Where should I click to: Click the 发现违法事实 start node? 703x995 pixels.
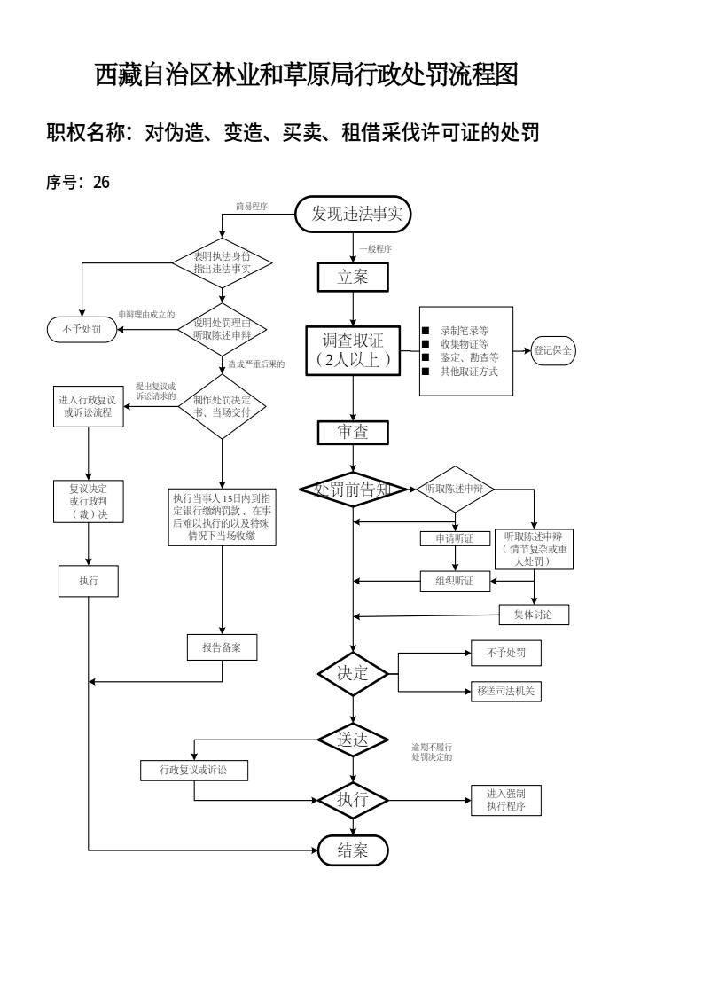coord(353,214)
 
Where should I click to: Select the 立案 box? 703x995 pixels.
coord(353,277)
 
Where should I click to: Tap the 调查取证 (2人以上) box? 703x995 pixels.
coord(353,349)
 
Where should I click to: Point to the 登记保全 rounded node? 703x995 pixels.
coord(553,350)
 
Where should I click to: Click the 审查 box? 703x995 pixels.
coord(353,432)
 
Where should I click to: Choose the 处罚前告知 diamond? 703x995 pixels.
coord(353,489)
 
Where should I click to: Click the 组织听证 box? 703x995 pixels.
coord(455,582)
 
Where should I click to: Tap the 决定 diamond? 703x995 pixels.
coord(353,673)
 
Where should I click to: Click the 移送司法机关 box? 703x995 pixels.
coord(505,691)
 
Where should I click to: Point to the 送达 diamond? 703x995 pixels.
coord(353,740)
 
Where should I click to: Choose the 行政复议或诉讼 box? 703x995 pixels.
coord(194,771)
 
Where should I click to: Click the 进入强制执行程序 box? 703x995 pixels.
coord(505,800)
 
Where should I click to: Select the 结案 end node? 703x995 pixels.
coord(353,850)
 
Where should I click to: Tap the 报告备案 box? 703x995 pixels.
coord(222,647)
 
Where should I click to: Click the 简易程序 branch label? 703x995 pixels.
coord(251,206)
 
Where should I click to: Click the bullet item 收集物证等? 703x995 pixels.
coord(464,343)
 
